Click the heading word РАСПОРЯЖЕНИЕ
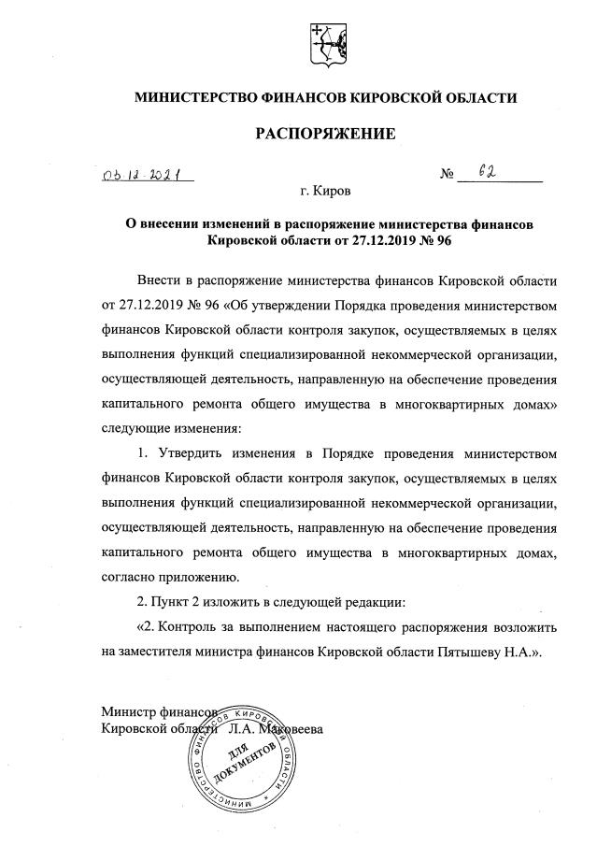tap(326, 134)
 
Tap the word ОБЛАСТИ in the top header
tap(475, 96)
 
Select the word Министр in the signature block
tap(127, 712)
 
